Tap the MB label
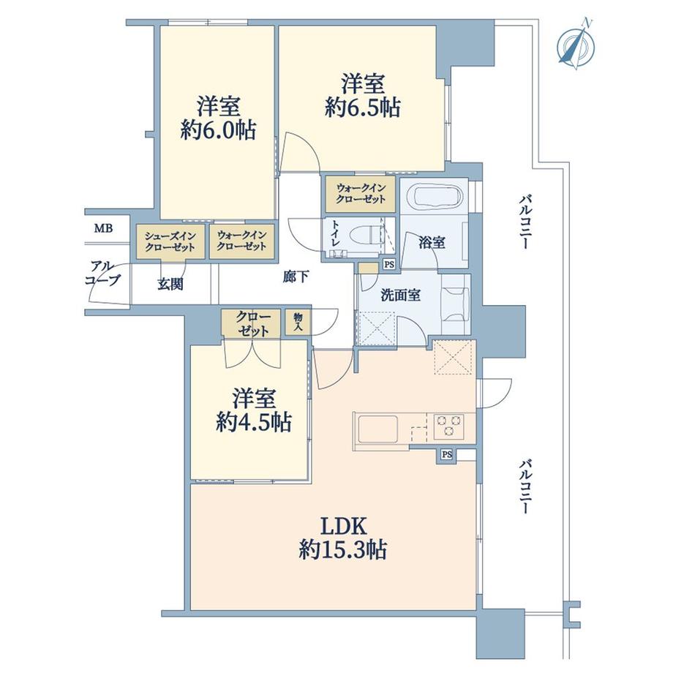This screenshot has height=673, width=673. tap(103, 229)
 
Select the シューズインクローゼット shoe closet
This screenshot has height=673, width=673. tap(170, 241)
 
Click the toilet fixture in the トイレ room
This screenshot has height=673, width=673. tap(366, 236)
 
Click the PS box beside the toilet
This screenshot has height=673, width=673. tap(389, 264)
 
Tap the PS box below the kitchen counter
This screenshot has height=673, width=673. tap(447, 454)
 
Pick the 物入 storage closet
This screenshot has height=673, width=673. tap(298, 322)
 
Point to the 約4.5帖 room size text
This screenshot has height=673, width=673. tap(254, 422)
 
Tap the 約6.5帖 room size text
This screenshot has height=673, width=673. tap(363, 108)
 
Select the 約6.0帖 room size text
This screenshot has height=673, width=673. tap(219, 129)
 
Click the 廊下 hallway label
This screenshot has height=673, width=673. tap(296, 277)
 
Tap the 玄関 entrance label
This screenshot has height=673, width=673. tap(170, 284)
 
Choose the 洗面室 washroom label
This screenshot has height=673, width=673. tap(401, 295)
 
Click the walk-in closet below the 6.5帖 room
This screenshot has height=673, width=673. tap(361, 194)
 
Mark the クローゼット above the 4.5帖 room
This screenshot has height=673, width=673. tap(251, 323)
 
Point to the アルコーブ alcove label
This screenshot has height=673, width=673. tap(103, 274)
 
